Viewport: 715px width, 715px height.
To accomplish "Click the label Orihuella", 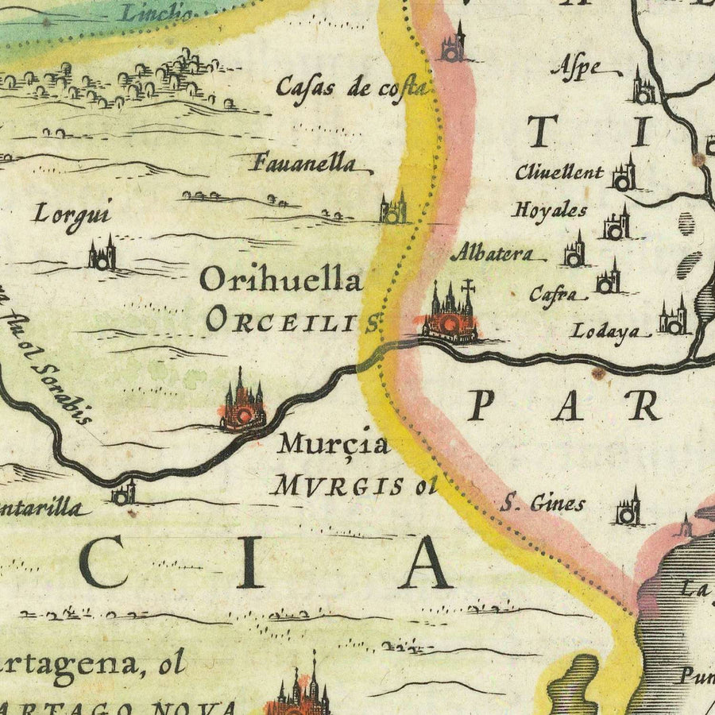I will pos(280,280).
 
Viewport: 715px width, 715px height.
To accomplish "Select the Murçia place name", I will pos(333,445).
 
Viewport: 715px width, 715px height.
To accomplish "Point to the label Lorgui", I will pos(71,214).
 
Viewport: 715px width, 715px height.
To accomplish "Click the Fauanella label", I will pos(304,164).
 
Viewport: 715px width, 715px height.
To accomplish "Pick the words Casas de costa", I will pos(352,87).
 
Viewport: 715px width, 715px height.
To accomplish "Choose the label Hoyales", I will pos(550,211).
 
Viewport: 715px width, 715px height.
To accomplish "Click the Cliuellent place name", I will pos(558,172).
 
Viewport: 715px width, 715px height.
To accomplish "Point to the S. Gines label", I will pos(545,503).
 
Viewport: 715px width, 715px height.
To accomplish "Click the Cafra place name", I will pos(553,295).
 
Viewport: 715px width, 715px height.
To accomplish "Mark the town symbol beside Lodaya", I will pos(673,319).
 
